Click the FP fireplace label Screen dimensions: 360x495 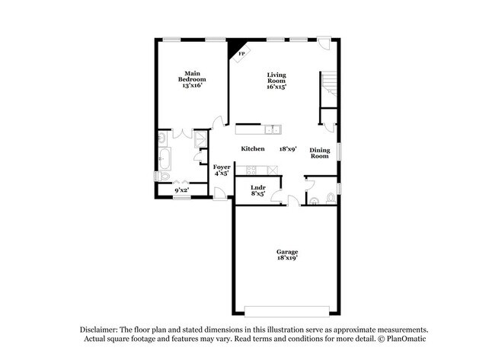(x=241, y=55)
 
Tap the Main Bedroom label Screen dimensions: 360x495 (x=192, y=79)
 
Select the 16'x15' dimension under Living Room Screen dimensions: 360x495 (x=276, y=87)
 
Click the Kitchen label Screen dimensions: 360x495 (x=253, y=148)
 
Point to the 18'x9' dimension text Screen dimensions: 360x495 (x=288, y=148)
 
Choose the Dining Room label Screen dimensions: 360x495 (x=319, y=153)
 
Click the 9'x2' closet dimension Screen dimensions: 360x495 (x=181, y=190)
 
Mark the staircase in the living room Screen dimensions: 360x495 (x=328, y=84)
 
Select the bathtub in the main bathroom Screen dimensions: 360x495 (x=164, y=159)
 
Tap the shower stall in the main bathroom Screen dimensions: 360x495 (x=200, y=139)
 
